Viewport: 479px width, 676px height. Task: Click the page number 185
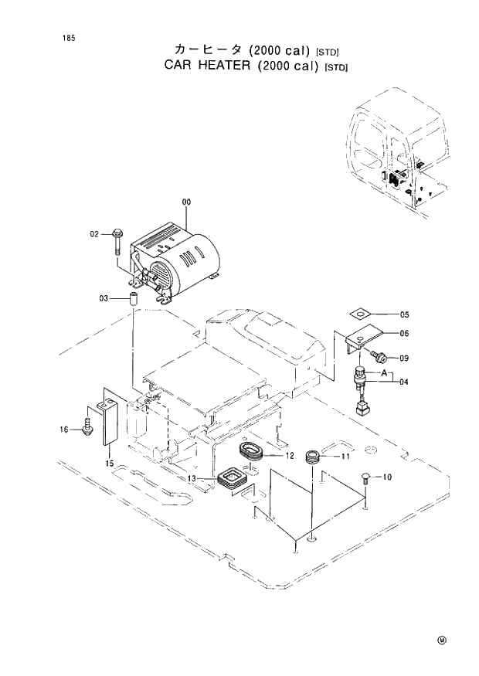click(59, 37)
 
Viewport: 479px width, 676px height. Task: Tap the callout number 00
click(185, 202)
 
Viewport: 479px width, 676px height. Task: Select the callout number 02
click(95, 233)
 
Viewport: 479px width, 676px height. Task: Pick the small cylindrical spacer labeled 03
click(132, 298)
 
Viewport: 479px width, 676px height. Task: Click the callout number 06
click(404, 334)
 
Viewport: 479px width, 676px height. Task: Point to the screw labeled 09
click(379, 357)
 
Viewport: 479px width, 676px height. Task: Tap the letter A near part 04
click(372, 372)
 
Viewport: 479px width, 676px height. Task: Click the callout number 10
click(386, 477)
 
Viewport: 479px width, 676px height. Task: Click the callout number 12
click(289, 456)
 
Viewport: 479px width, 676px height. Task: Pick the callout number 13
click(190, 479)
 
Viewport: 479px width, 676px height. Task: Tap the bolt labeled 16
click(87, 426)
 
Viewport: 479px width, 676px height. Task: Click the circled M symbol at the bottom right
click(442, 640)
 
